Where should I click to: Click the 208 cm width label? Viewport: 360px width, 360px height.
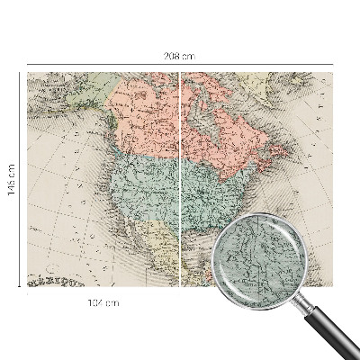click(x=180, y=56)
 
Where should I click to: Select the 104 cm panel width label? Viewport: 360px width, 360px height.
click(x=105, y=303)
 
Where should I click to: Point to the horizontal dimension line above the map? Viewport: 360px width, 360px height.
click(x=108, y=65)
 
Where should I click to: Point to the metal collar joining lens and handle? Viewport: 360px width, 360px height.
click(x=302, y=299)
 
